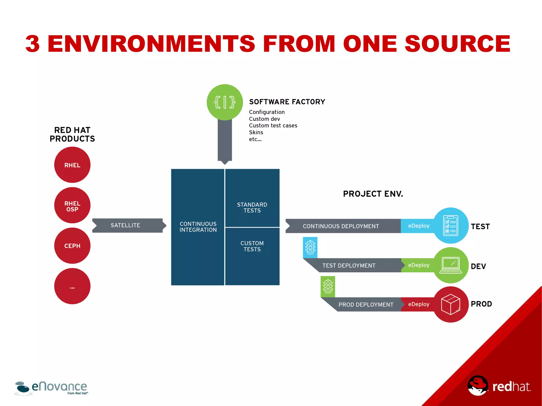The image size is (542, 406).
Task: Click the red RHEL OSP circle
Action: pyautogui.click(x=72, y=205)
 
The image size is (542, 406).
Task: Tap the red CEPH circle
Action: pyautogui.click(x=72, y=246)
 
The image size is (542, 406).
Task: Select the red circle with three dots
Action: pyautogui.click(x=72, y=286)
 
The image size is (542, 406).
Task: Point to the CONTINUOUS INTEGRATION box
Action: pyautogui.click(x=198, y=227)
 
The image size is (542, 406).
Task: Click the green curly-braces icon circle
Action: pyautogui.click(x=225, y=102)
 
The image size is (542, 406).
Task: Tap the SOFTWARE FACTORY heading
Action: pyautogui.click(x=287, y=102)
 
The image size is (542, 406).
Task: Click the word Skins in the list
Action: pyautogui.click(x=256, y=132)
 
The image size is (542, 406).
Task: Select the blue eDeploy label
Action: pyautogui.click(x=418, y=226)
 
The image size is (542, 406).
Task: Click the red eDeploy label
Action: pyautogui.click(x=418, y=304)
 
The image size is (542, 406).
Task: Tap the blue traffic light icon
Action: pyautogui.click(x=310, y=248)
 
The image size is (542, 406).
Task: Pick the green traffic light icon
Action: pyautogui.click(x=328, y=287)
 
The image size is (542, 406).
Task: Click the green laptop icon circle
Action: pyautogui.click(x=451, y=265)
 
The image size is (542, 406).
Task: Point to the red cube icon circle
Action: pyautogui.click(x=451, y=304)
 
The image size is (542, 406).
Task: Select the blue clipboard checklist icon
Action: pyautogui.click(x=451, y=226)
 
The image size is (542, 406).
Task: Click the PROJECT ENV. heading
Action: pyautogui.click(x=373, y=194)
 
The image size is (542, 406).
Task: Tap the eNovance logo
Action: pyautogui.click(x=51, y=388)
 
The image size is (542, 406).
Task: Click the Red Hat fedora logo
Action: pyautogui.click(x=477, y=386)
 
